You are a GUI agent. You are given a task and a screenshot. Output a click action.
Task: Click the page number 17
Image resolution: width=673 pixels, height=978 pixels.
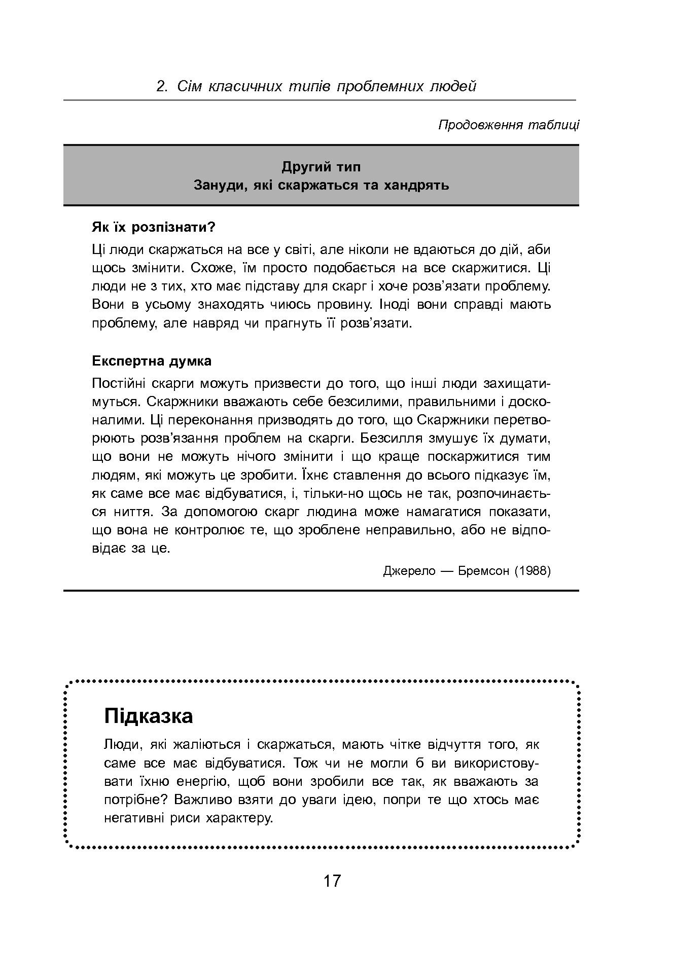pyautogui.click(x=332, y=881)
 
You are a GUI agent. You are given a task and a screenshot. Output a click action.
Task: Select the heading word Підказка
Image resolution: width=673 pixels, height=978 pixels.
pyautogui.click(x=148, y=716)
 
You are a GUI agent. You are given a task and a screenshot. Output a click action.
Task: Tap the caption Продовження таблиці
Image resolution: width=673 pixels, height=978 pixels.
pyautogui.click(x=508, y=125)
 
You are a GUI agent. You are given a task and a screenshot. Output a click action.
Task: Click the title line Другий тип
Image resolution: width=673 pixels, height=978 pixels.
pyautogui.click(x=321, y=166)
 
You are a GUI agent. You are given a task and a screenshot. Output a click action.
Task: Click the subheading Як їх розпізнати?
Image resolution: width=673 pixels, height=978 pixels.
pyautogui.click(x=153, y=227)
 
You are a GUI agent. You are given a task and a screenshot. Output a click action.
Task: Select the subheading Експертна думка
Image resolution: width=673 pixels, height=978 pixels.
pyautogui.click(x=152, y=361)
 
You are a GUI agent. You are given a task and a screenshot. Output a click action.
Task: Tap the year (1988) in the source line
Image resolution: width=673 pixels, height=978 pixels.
pyautogui.click(x=533, y=571)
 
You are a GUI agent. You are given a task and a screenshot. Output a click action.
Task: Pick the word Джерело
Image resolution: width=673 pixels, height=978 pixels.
pyautogui.click(x=409, y=571)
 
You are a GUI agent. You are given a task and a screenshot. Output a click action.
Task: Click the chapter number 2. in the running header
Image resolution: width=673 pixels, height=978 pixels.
pyautogui.click(x=162, y=87)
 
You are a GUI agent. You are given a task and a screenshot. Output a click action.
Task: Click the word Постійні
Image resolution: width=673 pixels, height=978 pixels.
pyautogui.click(x=119, y=383)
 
